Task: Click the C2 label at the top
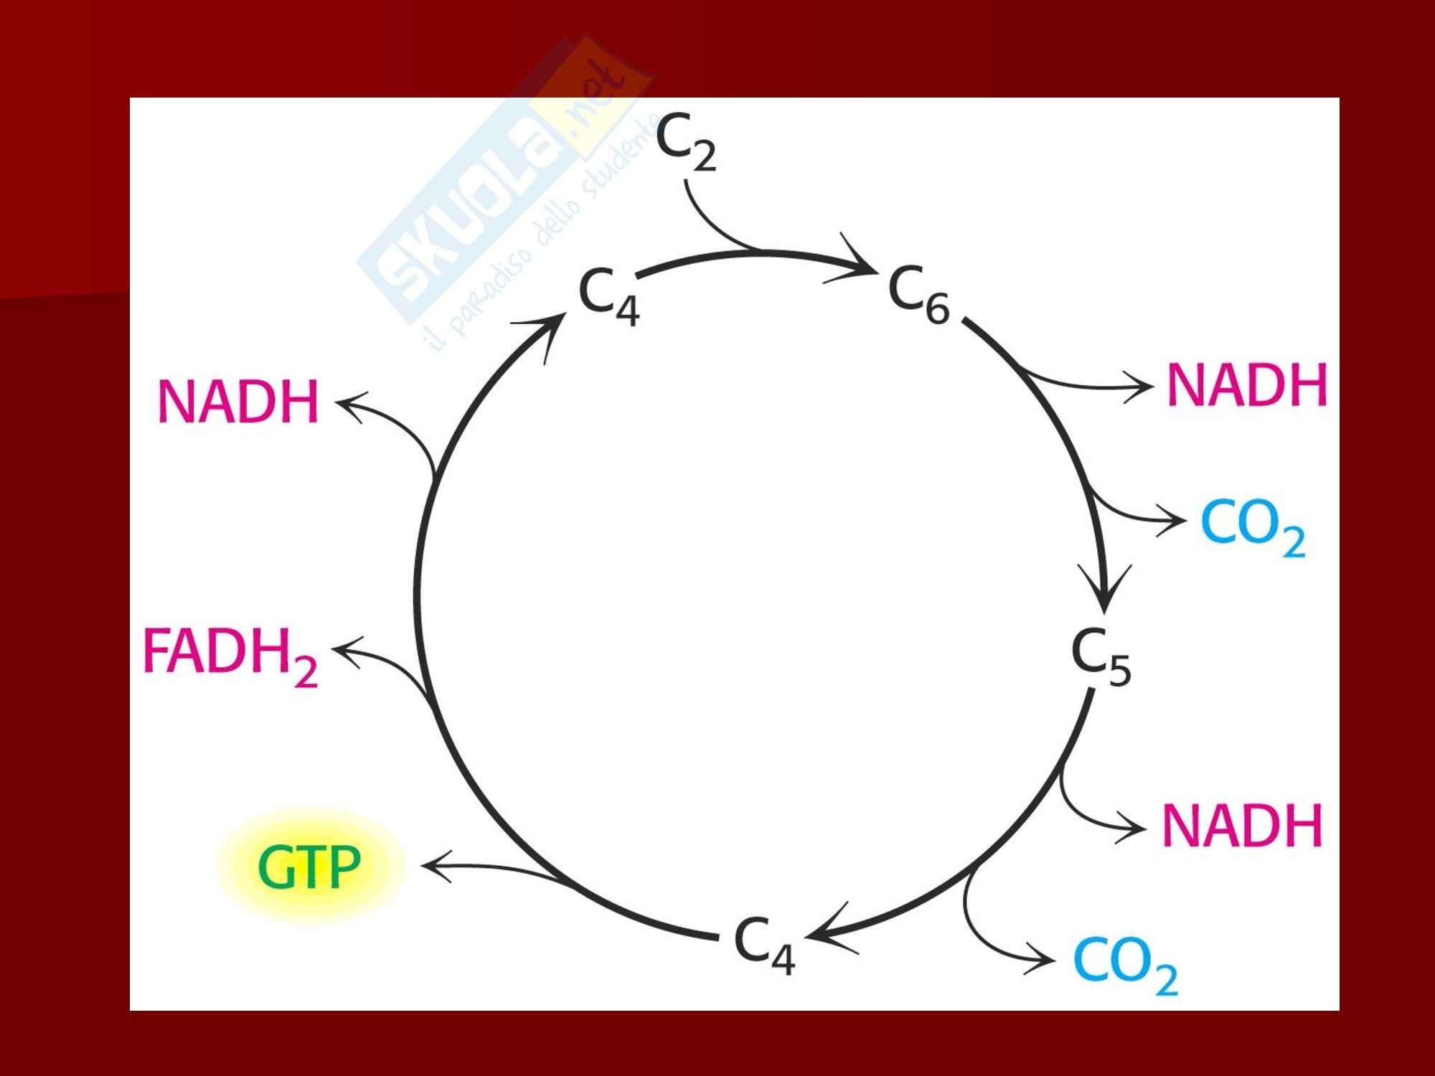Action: pos(685,143)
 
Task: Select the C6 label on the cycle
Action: pos(918,294)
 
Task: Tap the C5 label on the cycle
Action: pos(1101,657)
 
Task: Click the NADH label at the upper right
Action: pos(1247,385)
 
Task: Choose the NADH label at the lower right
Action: pos(1241,826)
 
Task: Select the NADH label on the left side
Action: pos(237,401)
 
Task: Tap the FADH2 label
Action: pos(230,654)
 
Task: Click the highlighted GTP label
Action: pos(309,867)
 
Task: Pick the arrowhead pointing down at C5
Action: pos(1106,599)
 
